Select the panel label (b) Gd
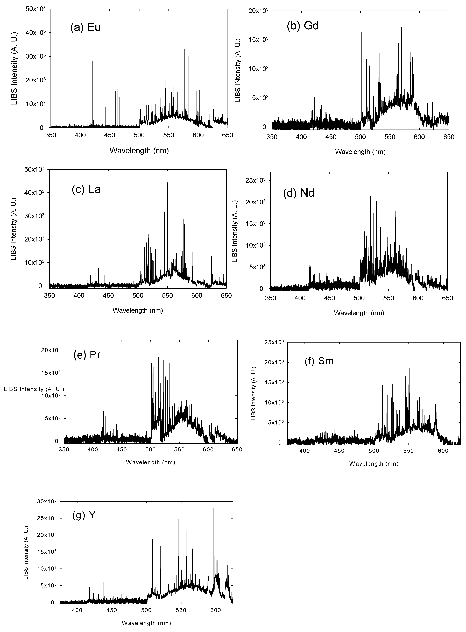click(x=303, y=26)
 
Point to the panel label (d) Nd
click(x=299, y=193)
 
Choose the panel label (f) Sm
click(x=319, y=361)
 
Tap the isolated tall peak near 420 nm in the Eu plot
click(x=92, y=62)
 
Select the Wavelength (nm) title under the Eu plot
click(x=139, y=151)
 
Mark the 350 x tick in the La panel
click(x=49, y=296)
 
